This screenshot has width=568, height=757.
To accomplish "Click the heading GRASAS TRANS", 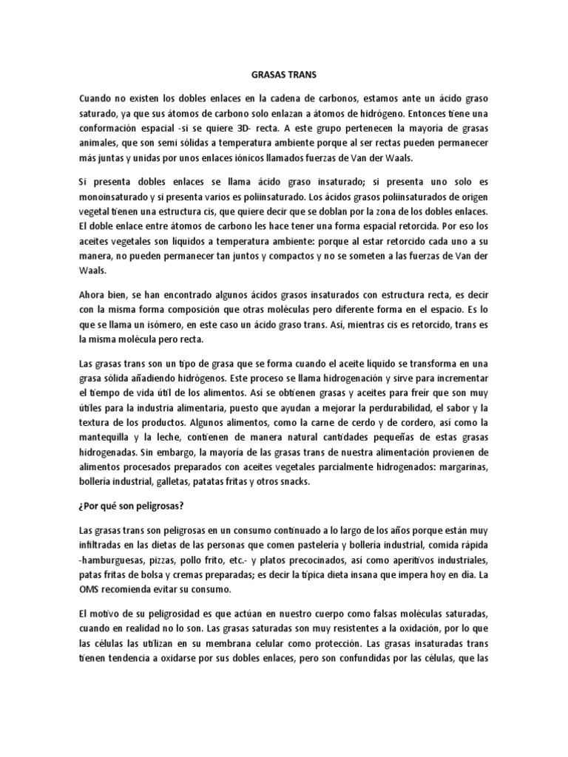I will [x=283, y=75].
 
